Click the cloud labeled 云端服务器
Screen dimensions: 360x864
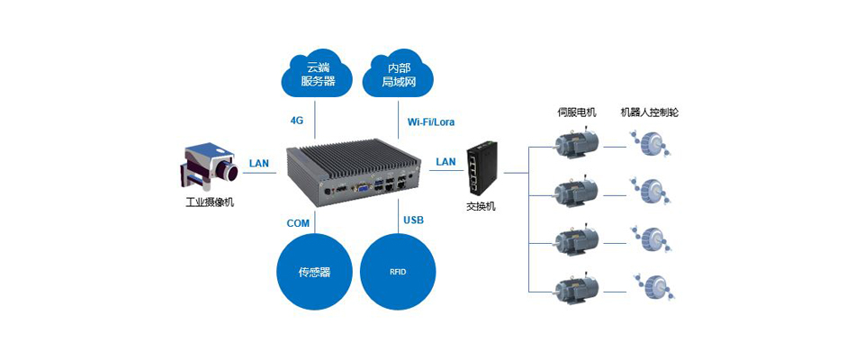coord(318,75)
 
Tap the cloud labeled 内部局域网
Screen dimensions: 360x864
coord(398,75)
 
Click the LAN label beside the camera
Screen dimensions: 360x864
coord(259,163)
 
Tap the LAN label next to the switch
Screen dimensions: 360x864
coord(445,162)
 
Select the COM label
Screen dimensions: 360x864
coord(298,222)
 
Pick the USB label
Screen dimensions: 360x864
coord(414,220)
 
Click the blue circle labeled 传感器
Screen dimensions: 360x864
coord(315,270)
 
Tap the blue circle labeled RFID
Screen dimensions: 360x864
coord(398,270)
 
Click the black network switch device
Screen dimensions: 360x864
coord(481,167)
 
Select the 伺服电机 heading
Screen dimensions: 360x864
coord(577,113)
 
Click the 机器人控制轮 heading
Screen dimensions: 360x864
coord(650,113)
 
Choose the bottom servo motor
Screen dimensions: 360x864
coord(575,289)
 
